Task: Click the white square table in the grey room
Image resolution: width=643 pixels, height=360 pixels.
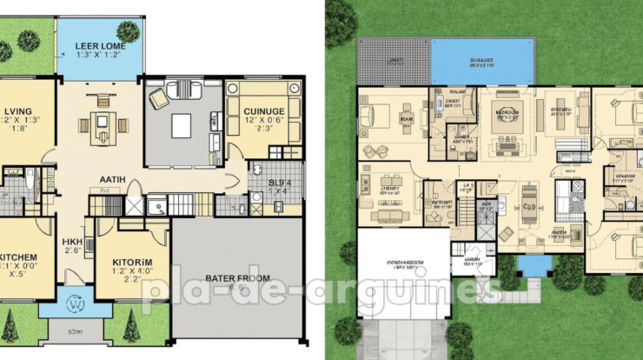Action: click(x=182, y=125)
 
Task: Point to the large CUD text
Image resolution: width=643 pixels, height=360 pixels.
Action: click(x=527, y=208)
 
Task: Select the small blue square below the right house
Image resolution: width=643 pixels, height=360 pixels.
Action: click(x=527, y=263)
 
